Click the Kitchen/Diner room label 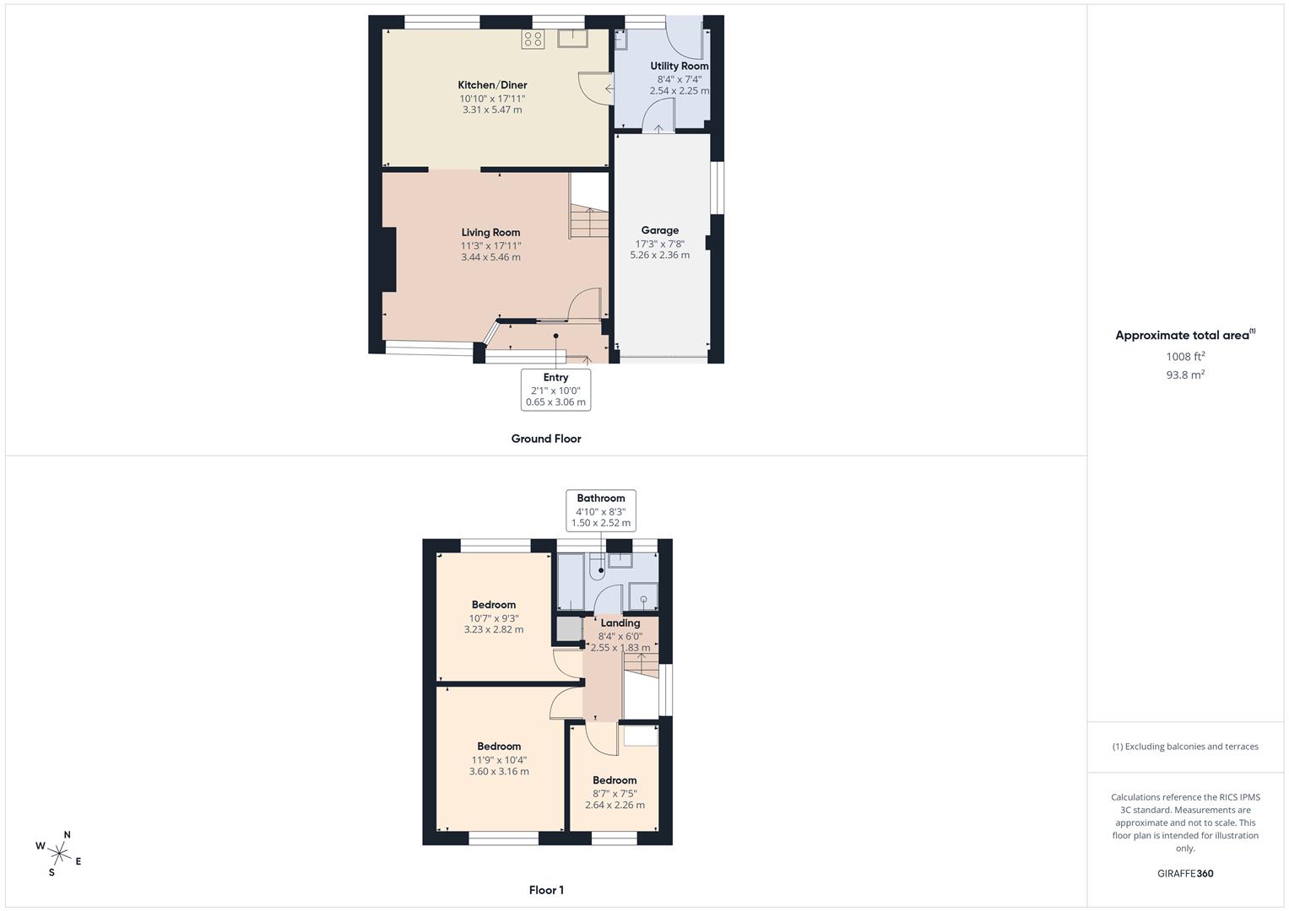tap(492, 85)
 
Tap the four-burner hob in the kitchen tap(533, 39)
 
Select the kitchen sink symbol tap(572, 39)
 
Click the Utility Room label tap(679, 66)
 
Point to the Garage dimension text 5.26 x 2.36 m tap(659, 255)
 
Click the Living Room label tap(490, 232)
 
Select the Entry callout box tap(556, 390)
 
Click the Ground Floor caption tap(546, 439)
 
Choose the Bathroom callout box tap(601, 510)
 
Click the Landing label tap(620, 623)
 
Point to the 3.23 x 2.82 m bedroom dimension tap(494, 629)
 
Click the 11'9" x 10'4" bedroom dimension tap(499, 760)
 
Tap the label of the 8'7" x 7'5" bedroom tap(615, 780)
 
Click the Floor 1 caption tap(546, 890)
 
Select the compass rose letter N tap(68, 835)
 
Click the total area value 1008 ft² tap(1185, 356)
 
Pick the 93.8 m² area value tap(1185, 375)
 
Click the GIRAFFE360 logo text tap(1185, 874)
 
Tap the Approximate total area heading tap(1185, 335)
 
